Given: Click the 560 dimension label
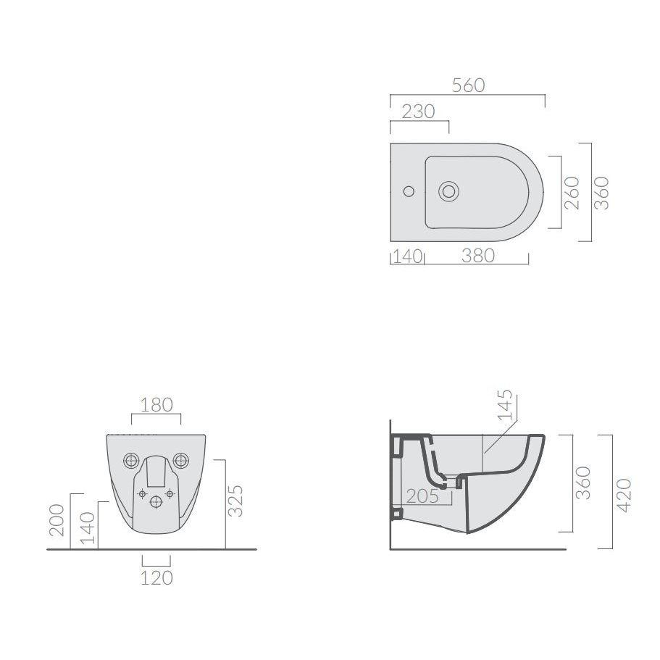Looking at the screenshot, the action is (469, 85).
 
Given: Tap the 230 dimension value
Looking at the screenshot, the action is (418, 112).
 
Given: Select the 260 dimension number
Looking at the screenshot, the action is (572, 193).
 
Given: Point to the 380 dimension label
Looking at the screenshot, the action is (477, 256).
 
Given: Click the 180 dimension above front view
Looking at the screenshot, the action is (156, 405).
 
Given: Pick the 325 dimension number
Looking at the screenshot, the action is (235, 501).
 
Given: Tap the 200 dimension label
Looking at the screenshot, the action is (57, 520).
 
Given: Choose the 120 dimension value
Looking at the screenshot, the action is (156, 578).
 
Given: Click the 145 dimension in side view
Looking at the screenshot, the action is (505, 405).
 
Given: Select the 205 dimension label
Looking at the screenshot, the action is (422, 496).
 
